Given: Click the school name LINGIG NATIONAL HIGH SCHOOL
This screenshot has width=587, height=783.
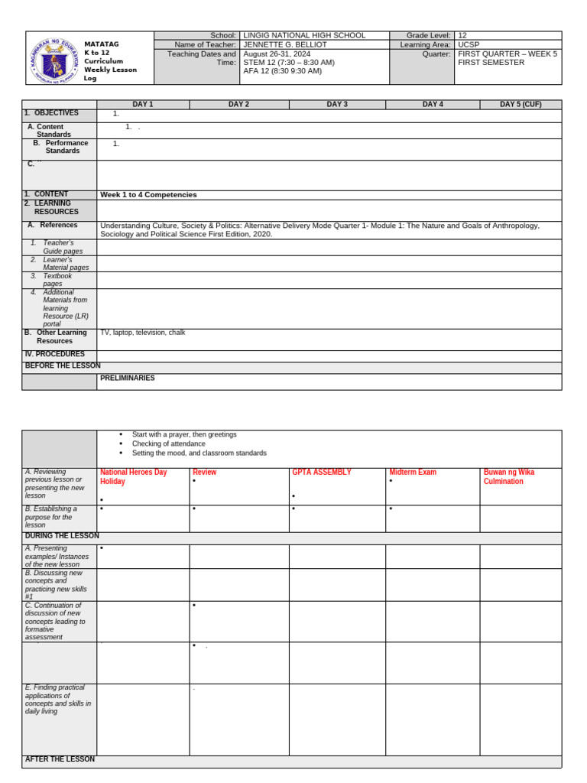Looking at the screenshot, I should coord(304,36).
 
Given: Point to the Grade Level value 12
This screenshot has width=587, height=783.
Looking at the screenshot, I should coord(462,36).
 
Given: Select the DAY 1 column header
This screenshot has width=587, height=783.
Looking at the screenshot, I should coord(143,105).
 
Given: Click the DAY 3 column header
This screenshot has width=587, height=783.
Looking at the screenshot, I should coord(337,105).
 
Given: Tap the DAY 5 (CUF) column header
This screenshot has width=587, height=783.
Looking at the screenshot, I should coord(521,105).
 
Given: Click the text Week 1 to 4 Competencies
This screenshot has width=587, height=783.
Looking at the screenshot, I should coord(148,195).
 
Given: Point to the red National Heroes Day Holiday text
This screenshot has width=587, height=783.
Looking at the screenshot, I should coord(133,477).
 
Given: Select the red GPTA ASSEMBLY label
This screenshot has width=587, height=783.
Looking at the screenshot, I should coord(322,473).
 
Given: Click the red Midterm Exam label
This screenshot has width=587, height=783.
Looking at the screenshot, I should coord(413,473).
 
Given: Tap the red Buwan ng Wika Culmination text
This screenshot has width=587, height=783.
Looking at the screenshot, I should coord(509,477).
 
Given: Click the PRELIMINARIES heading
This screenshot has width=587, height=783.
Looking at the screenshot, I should coord(127,379).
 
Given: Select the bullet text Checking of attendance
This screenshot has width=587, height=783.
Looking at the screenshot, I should coord(168,443).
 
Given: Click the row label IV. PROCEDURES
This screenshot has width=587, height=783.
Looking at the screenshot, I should coord(54,355).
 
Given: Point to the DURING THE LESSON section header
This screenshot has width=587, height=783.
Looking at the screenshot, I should coord(62,537).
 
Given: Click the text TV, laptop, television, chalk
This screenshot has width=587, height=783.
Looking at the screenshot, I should coord(142,333).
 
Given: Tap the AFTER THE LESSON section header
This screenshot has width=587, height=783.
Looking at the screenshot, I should coord(60,760).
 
